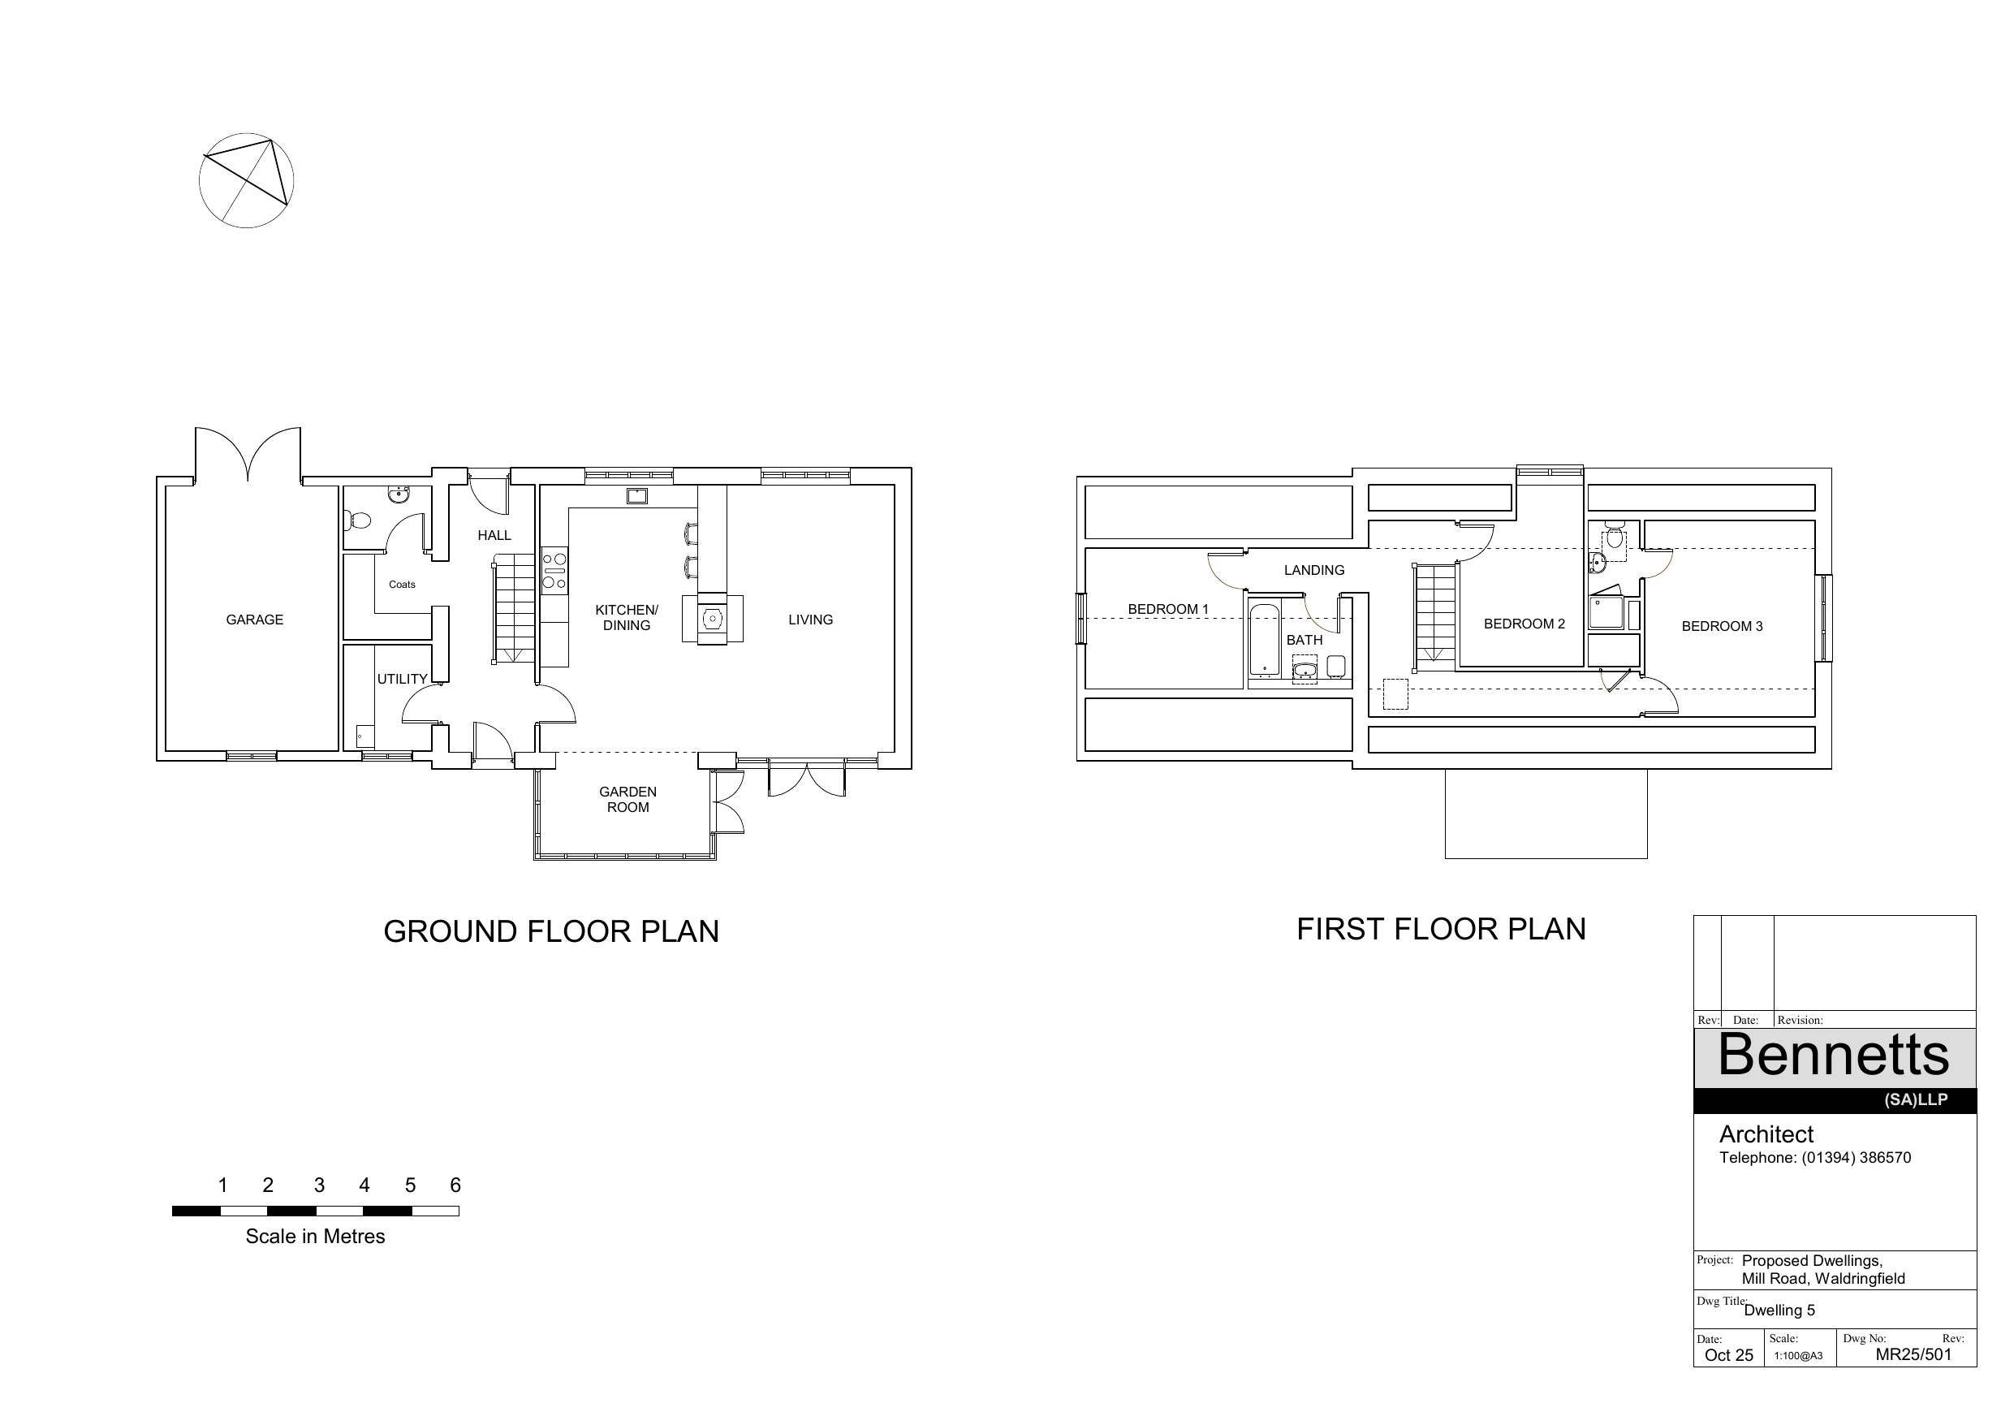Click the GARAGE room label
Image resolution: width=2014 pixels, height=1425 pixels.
pos(254,620)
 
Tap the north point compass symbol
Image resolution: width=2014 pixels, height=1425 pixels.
pos(247,181)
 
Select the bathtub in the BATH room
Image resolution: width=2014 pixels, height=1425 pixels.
pos(1264,641)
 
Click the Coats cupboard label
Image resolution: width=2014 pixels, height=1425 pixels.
pos(402,585)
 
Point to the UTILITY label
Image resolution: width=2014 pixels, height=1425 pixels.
pos(402,679)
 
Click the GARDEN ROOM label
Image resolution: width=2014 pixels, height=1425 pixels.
pos(628,799)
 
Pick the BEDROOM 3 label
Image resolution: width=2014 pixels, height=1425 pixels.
pos(1722,627)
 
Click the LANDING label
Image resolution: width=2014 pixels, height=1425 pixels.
pos(1314,570)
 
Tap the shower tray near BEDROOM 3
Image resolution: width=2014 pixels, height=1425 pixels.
pos(1606,612)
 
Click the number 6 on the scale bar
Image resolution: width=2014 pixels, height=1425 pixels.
pos(455,1185)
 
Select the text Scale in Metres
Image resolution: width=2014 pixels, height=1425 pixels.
pos(315,1237)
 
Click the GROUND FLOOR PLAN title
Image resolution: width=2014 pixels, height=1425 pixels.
pos(551,931)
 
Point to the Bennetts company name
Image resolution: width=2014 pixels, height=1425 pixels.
pos(1833,1055)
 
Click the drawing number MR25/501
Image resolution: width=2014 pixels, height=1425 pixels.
pos(1913,1354)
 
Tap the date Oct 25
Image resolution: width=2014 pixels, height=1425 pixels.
pos(1728,1355)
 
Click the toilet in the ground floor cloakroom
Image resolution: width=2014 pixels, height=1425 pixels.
pos(357,520)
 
